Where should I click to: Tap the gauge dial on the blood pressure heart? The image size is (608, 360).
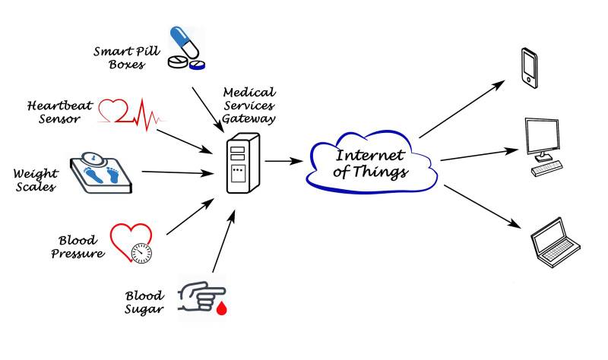pos(142,252)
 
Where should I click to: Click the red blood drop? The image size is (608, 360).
pos(223,308)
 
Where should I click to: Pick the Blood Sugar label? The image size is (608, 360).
pos(144,302)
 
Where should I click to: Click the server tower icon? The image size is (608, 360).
pos(243,163)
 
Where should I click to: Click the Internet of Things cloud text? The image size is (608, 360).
pos(372,164)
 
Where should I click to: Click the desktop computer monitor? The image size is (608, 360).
pos(544,139)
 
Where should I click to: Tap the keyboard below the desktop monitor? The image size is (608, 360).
pos(546,169)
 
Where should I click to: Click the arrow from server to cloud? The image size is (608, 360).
pos(283,161)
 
